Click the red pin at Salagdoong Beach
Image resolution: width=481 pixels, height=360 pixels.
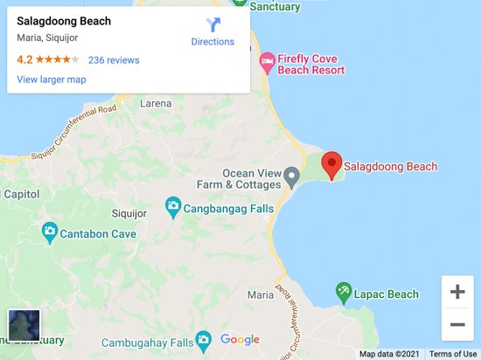click(331, 164)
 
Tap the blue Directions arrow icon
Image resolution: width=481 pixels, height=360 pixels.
click(213, 25)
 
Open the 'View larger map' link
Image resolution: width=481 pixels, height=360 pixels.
click(52, 80)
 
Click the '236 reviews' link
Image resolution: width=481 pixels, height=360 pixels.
click(114, 60)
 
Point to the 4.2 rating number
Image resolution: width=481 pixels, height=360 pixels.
click(25, 60)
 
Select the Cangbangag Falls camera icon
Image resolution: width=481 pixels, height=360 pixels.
click(173, 207)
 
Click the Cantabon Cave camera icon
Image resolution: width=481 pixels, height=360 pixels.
click(50, 232)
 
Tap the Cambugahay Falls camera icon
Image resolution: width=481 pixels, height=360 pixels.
click(203, 340)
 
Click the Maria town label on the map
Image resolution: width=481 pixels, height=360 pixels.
click(260, 294)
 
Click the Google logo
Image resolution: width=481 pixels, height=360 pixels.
click(240, 340)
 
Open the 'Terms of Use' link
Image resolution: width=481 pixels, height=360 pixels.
click(453, 354)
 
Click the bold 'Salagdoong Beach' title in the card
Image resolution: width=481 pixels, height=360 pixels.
click(64, 21)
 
